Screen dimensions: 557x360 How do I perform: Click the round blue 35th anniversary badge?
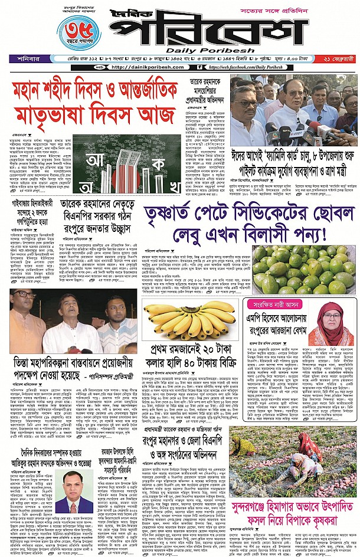coord(80,32)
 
